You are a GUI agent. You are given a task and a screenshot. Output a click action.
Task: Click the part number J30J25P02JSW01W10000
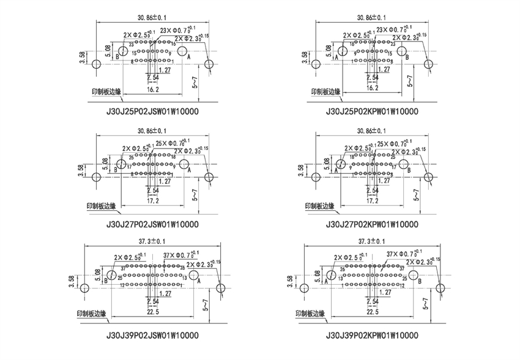click(152, 112)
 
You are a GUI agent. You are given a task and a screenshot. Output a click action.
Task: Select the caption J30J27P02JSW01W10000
click(152, 224)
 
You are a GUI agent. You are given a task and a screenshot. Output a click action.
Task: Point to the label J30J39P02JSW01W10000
click(152, 336)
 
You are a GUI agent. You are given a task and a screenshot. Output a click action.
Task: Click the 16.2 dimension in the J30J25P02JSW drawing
click(153, 89)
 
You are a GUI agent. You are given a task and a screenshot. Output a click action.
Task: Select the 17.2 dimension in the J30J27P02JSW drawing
click(153, 200)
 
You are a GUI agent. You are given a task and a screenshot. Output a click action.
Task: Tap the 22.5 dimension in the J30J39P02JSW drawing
click(153, 312)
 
